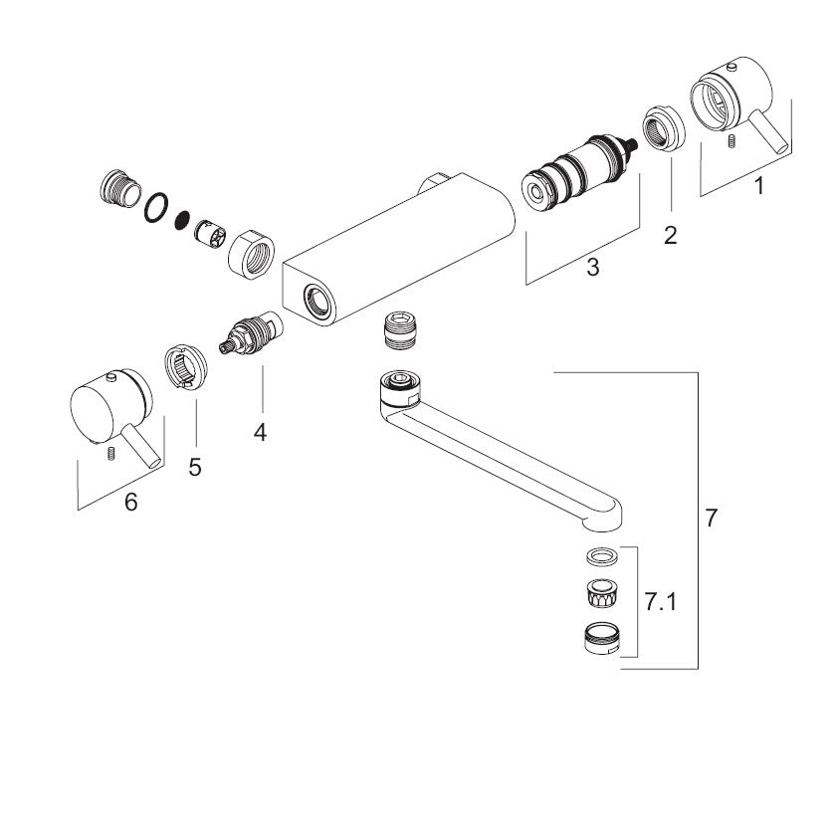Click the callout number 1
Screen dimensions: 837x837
tap(758, 186)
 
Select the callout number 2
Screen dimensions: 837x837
tap(671, 236)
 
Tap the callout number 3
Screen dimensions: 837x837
tap(592, 267)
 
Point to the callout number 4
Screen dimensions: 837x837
tap(260, 432)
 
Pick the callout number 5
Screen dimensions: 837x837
tap(195, 467)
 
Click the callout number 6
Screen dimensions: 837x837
tap(130, 502)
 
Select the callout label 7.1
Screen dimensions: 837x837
tap(660, 603)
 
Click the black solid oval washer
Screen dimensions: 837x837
tap(182, 221)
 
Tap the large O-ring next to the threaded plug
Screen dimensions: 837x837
tap(156, 208)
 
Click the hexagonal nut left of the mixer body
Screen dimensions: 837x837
tap(251, 252)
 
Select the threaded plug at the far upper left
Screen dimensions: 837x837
tap(120, 188)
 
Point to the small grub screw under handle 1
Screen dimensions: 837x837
tap(731, 141)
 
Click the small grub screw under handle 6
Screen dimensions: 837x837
tap(111, 453)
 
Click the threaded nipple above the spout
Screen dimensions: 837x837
tap(400, 332)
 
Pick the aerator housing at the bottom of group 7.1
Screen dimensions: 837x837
tap(601, 638)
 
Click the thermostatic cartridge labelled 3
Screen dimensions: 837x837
tap(578, 172)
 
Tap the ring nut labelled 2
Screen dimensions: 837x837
tap(663, 129)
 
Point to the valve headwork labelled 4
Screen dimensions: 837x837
tap(251, 334)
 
